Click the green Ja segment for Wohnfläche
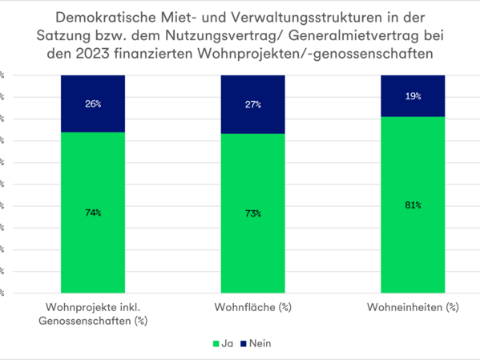tap(252, 241)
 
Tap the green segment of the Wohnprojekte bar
tap(92, 241)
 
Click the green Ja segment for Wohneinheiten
tap(413, 241)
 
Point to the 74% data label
tap(92, 212)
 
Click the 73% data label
tap(252, 213)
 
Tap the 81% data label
tap(413, 205)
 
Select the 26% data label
tap(92, 103)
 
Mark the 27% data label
tap(252, 104)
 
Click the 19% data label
tap(413, 95)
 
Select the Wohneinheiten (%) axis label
tap(413, 307)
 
